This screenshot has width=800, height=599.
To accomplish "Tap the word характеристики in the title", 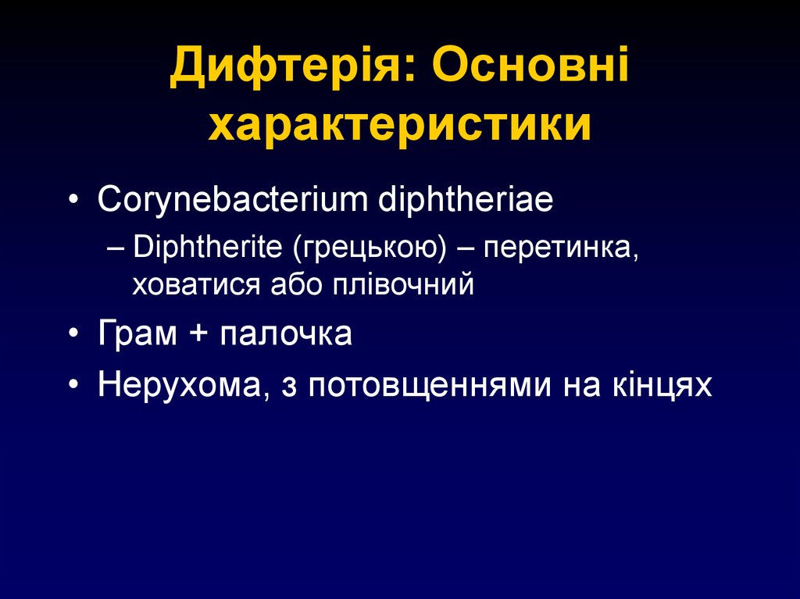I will tap(399, 126).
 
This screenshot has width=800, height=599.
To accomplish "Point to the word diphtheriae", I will tap(466, 201).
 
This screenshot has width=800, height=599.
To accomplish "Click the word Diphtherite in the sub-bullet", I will tap(209, 248).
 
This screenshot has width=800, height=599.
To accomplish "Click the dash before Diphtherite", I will tap(116, 248).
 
